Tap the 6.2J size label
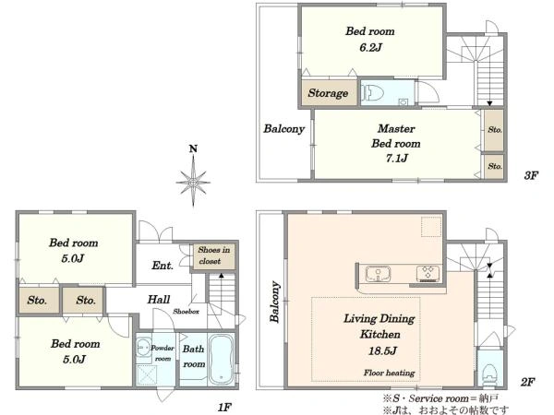370,47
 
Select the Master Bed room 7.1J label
396,143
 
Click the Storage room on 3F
328,92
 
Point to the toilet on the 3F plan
373,93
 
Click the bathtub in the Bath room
222,360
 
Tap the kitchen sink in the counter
378,274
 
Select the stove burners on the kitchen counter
428,274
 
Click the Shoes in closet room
214,256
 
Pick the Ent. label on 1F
163,266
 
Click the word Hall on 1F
159,300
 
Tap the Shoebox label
187,312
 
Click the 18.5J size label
382,350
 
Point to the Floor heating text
390,373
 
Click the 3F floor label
531,175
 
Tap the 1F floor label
224,408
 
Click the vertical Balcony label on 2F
275,302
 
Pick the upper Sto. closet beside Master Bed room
494,130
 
